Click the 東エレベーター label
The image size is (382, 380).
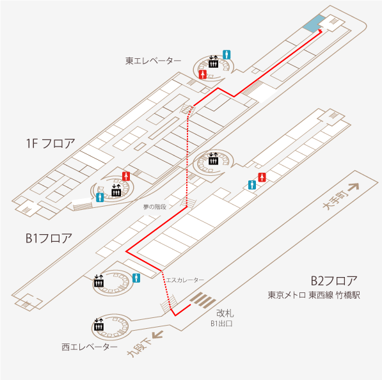tap(153, 61)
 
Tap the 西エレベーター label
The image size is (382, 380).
tap(90, 347)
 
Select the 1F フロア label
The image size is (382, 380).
tap(51, 143)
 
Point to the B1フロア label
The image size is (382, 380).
tap(49, 238)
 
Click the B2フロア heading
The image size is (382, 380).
tap(334, 281)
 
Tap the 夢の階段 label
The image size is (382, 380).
tap(155, 207)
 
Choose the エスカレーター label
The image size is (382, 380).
tap(185, 280)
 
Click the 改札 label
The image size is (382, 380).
tap(225, 313)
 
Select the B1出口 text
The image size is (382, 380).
tap(221, 324)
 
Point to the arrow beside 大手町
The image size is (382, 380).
tap(353, 187)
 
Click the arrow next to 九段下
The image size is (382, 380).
tap(157, 335)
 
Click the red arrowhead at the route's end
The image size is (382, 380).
tap(321, 31)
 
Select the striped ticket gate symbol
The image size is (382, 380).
tap(203, 300)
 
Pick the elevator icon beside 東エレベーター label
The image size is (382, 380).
tap(213, 62)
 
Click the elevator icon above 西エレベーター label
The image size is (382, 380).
tap(99, 324)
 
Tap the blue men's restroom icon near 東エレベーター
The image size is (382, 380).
tap(227, 54)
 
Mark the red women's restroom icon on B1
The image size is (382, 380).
tap(262, 177)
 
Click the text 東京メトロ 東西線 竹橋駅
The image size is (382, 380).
tap(314, 295)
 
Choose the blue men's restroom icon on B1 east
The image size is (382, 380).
tap(252, 185)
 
